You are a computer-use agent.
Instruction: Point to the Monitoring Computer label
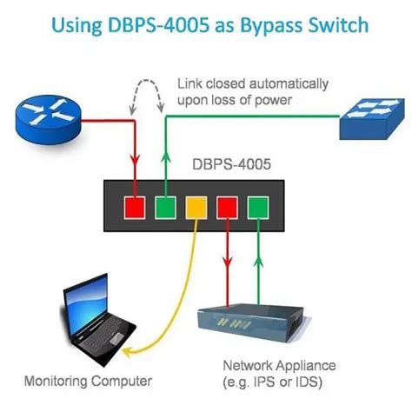point(88,380)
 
